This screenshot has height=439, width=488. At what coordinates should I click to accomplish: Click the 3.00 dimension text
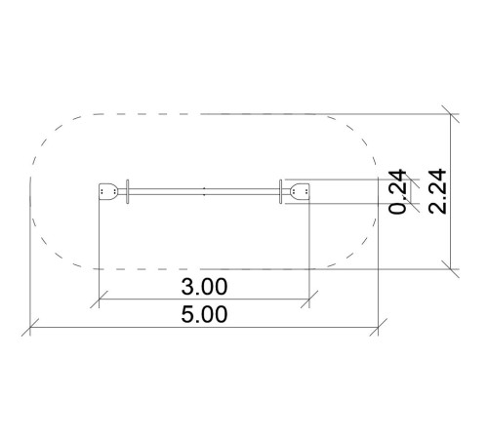click(204, 287)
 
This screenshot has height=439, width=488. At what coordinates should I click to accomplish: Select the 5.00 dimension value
click(204, 314)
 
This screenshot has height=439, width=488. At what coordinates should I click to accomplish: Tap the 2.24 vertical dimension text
click(437, 191)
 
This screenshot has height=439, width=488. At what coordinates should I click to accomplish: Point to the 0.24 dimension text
click(397, 191)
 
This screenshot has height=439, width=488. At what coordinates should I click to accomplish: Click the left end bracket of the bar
click(107, 192)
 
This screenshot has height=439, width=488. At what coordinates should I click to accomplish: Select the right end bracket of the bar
click(300, 192)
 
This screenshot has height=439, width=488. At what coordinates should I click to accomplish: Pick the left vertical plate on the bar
click(128, 192)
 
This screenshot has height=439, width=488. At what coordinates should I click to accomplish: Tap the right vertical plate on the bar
click(280, 192)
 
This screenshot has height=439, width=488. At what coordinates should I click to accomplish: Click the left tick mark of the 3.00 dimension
click(99, 299)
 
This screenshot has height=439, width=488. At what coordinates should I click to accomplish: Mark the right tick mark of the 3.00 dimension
click(309, 299)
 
